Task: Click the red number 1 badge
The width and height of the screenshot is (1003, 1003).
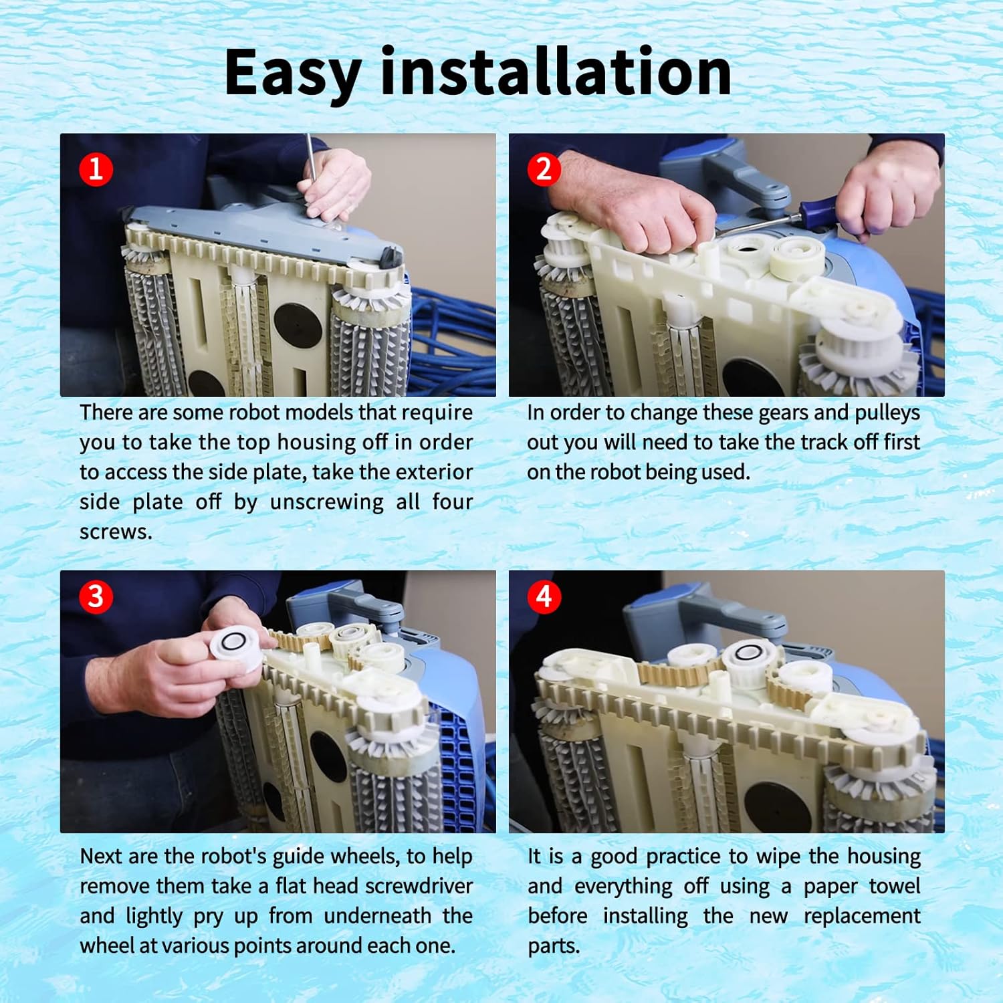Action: [x=96, y=169]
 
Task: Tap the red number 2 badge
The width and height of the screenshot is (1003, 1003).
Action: [x=544, y=169]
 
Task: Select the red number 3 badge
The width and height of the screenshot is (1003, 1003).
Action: [x=96, y=596]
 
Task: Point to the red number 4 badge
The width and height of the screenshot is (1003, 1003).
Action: [x=544, y=596]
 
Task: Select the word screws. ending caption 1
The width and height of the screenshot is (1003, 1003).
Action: [x=116, y=532]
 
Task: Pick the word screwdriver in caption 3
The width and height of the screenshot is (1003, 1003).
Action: [x=419, y=886]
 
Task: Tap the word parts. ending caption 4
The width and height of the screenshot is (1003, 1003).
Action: [x=554, y=947]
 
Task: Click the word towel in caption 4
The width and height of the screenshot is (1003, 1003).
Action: [x=895, y=886]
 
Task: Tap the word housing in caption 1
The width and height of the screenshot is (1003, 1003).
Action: [x=318, y=443]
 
